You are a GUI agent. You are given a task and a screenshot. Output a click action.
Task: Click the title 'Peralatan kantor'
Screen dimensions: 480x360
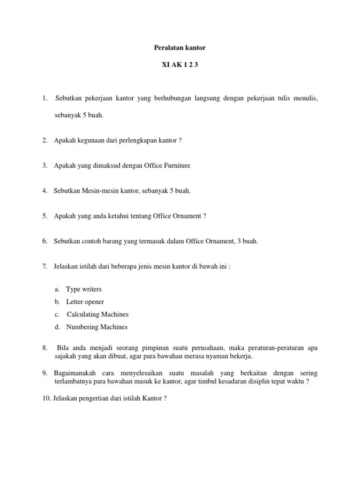[180, 48]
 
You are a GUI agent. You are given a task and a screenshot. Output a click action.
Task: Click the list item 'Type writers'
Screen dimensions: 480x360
[84, 289]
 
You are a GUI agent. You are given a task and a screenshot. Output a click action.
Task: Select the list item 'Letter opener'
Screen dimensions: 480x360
[85, 302]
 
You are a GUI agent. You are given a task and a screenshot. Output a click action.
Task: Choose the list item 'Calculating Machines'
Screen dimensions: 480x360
[97, 315]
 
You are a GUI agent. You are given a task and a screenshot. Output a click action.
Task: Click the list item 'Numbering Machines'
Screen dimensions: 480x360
[97, 327]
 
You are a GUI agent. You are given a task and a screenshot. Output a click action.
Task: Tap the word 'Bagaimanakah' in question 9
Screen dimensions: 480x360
[75, 373]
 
